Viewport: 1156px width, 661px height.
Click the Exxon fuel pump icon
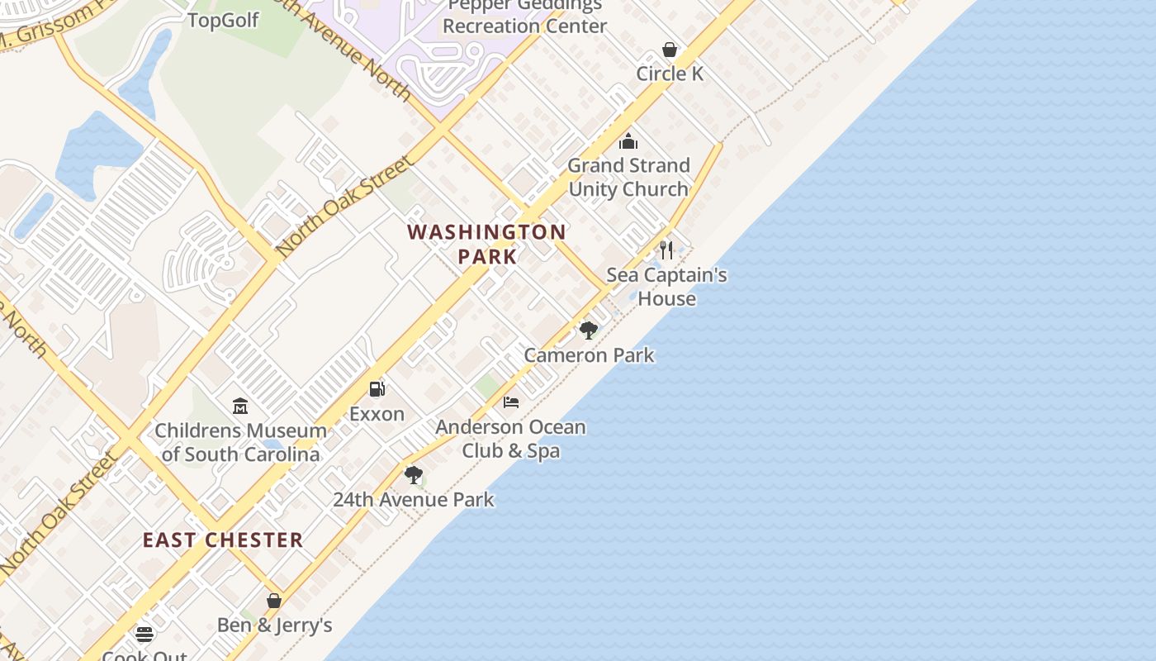[377, 388]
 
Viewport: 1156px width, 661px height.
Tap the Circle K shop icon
[670, 50]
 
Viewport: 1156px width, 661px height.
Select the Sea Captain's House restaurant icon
[666, 250]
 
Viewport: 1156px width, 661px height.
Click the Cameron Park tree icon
[589, 330]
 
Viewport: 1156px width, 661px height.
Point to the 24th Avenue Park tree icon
[414, 475]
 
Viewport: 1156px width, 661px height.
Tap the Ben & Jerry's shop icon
[274, 601]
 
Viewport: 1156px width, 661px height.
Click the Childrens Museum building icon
[240, 406]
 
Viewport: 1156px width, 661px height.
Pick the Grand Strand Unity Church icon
[628, 141]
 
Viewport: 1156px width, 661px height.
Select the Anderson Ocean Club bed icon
[511, 402]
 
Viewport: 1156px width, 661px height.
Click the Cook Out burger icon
[144, 635]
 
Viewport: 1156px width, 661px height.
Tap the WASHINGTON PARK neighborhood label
[487, 244]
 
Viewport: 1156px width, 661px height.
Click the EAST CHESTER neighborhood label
[223, 540]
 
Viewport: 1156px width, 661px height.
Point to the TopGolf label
[224, 20]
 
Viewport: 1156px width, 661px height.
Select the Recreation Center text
[525, 26]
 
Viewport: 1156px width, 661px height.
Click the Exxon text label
[377, 414]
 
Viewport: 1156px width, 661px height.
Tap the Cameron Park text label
[589, 355]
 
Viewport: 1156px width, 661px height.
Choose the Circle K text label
[670, 74]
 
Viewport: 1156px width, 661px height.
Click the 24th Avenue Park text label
[414, 500]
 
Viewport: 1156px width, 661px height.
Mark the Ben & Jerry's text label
[274, 625]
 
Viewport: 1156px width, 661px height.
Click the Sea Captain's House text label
[666, 286]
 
